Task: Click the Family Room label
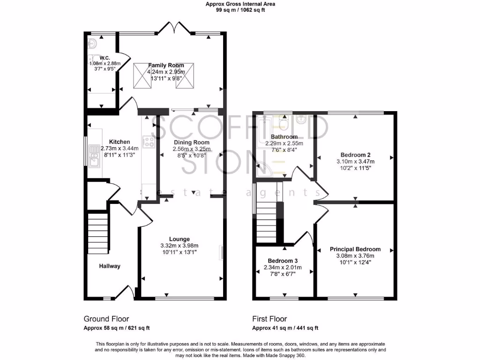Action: pos(166,65)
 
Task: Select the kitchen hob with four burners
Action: pos(149,142)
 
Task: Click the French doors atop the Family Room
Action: pos(173,29)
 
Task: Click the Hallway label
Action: pos(110,266)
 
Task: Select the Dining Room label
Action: pos(191,142)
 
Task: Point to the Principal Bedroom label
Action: pos(355,249)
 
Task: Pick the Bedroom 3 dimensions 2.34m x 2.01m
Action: pos(283,268)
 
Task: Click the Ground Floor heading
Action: pos(106,319)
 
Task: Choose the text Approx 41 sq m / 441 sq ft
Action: pos(285,328)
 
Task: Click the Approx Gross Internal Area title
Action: pos(240,4)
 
